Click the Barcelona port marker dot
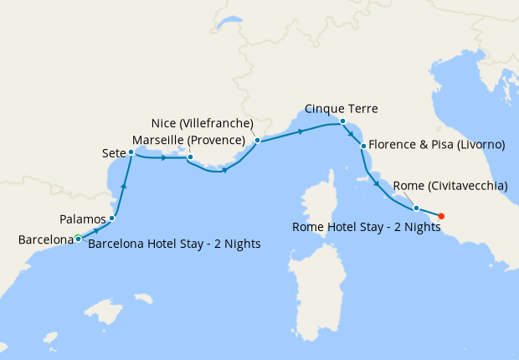[x=78, y=239]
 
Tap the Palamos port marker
[x=111, y=218]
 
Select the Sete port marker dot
[x=131, y=152]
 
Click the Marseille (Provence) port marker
[x=190, y=157]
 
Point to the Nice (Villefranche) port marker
[x=257, y=141]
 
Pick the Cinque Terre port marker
[x=343, y=121]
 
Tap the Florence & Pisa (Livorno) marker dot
[x=363, y=146]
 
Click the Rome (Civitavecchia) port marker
[x=416, y=208]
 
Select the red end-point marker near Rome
[x=441, y=216]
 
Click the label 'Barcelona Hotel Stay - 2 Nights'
[x=174, y=244]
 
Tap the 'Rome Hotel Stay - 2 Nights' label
[x=366, y=226]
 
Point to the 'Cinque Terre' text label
[x=342, y=109]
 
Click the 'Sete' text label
[x=114, y=153]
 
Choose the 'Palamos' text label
[x=83, y=219]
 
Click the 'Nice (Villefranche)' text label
[x=204, y=123]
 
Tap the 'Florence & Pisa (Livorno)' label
[x=436, y=145]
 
